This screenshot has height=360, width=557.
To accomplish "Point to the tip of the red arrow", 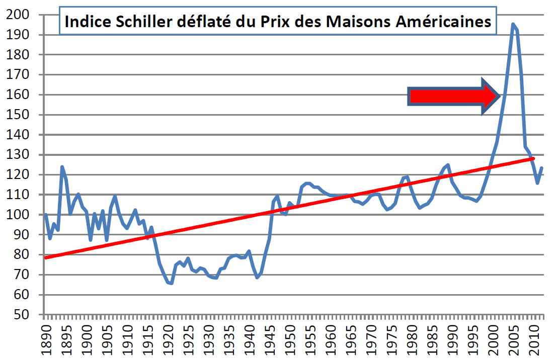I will [x=499, y=95].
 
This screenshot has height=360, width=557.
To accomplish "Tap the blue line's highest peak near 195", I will [x=512, y=24].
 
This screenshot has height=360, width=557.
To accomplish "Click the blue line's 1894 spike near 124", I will [x=62, y=166].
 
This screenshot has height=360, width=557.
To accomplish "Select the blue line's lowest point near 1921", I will [x=172, y=284].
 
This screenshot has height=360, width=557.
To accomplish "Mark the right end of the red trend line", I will [x=533, y=158].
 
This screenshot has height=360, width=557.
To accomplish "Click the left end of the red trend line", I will [x=45, y=257].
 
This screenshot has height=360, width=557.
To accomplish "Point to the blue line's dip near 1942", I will [x=257, y=278].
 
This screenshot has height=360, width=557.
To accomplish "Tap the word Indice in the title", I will [x=84, y=22].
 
